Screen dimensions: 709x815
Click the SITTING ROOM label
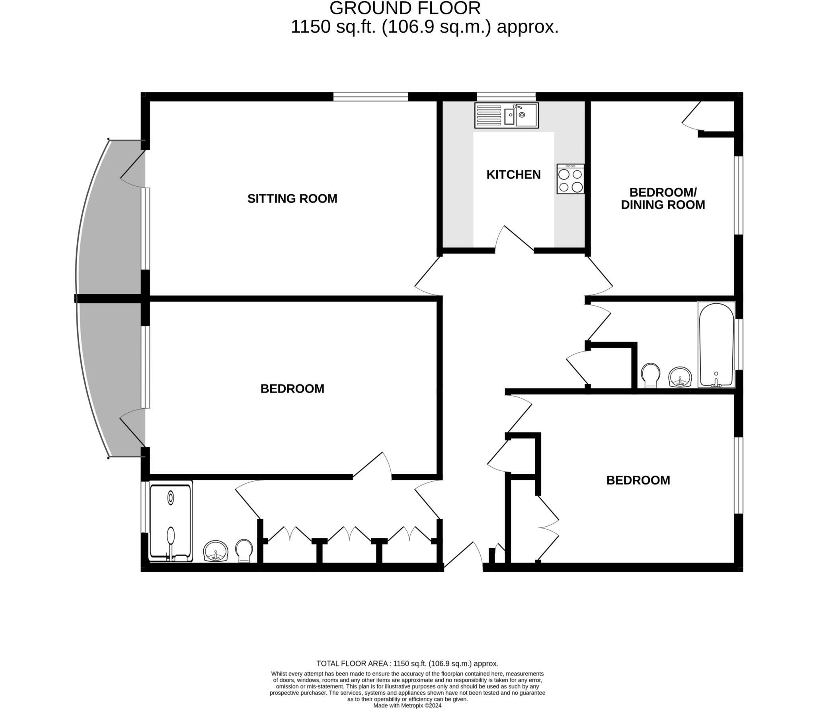292,199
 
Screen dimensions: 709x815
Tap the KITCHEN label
513,174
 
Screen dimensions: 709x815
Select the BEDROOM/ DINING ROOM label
663,199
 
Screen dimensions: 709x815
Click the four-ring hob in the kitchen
570,179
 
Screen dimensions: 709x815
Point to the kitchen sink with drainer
506,115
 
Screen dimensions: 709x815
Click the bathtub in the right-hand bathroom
716,345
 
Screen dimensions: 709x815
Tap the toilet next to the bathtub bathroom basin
650,375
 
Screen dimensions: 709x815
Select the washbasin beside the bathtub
680,377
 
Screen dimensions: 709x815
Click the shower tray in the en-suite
171,521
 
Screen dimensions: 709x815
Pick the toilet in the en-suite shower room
244,551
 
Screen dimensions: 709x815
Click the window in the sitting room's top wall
370,97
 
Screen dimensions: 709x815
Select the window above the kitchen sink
506,97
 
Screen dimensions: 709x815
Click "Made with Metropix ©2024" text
407,705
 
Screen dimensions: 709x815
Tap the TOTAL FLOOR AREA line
407,664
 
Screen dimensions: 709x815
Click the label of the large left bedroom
292,389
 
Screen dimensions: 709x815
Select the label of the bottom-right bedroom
638,480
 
